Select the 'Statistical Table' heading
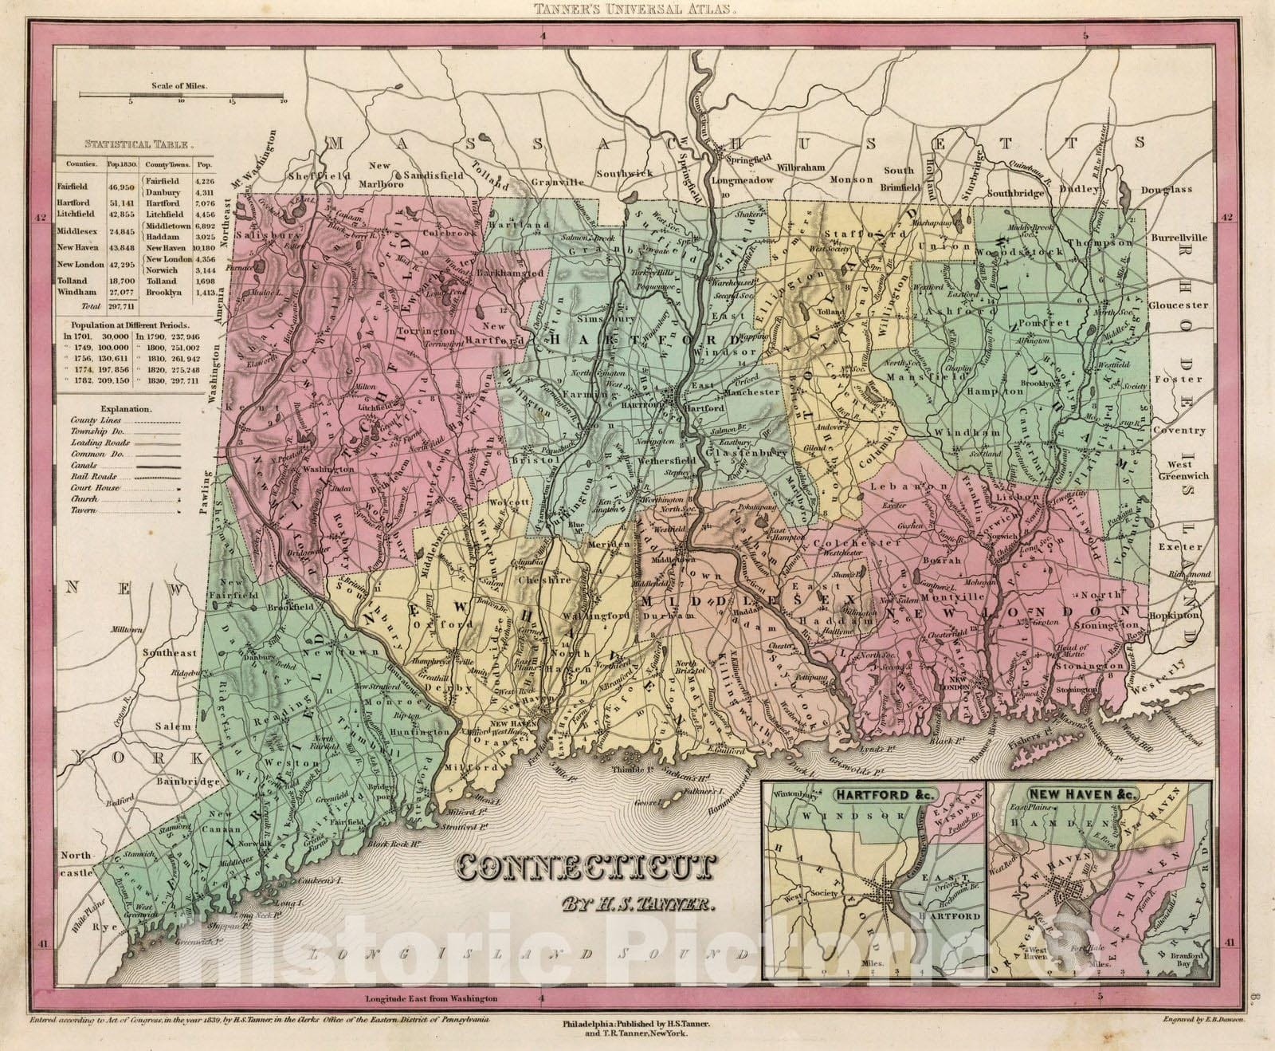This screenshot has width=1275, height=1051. click(139, 145)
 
